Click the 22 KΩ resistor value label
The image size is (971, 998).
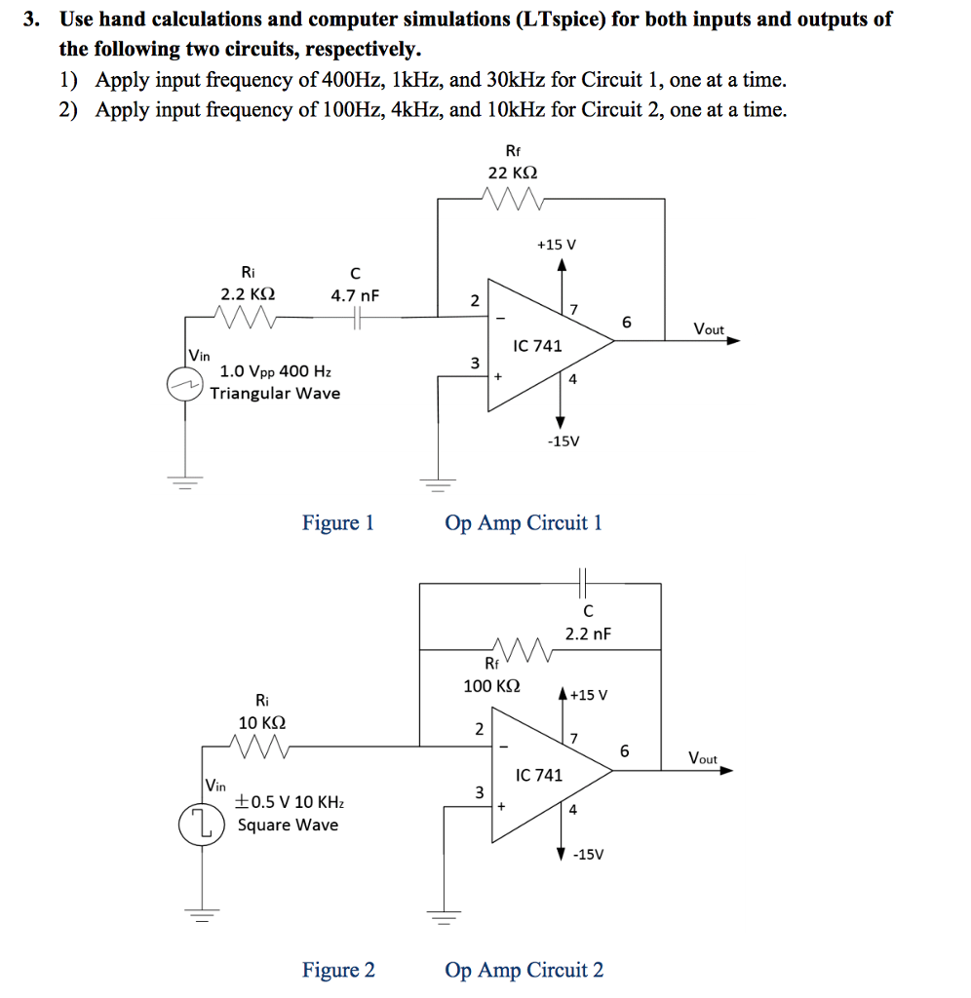click(512, 173)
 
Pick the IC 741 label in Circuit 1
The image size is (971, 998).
click(538, 346)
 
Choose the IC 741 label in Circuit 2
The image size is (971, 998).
click(539, 775)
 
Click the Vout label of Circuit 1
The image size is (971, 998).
click(709, 329)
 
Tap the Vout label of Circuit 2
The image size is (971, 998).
click(702, 758)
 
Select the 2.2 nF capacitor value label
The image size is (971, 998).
click(588, 633)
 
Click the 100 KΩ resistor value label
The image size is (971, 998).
click(491, 685)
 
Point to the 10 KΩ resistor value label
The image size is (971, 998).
click(262, 723)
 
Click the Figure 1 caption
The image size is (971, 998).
click(337, 523)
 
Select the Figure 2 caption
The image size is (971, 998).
click(337, 970)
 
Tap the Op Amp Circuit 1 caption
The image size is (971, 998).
click(524, 523)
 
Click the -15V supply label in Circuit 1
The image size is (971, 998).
click(563, 441)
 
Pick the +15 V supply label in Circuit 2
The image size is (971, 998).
click(589, 695)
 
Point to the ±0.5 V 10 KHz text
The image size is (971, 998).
click(290, 802)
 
